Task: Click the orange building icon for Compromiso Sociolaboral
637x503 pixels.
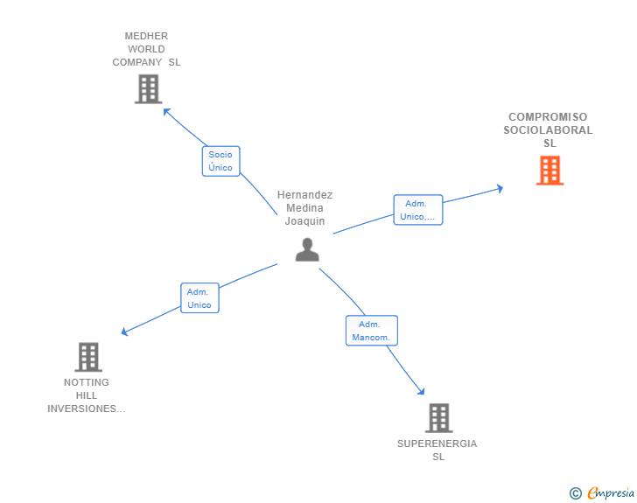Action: [x=549, y=171]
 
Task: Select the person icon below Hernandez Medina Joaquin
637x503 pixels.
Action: [x=307, y=250]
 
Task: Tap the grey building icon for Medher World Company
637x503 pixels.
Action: [x=149, y=88]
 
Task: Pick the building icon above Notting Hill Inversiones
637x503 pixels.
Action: [x=88, y=357]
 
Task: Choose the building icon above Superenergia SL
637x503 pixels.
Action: [x=438, y=418]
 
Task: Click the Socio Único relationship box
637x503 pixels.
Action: [x=220, y=161]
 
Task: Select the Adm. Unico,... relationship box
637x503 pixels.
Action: [x=417, y=210]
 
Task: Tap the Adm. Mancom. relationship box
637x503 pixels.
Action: [x=371, y=331]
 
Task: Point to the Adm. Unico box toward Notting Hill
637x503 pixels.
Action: [x=199, y=298]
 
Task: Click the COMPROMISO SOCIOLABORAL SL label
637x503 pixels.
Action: [x=548, y=130]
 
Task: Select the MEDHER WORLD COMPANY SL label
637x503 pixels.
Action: [x=146, y=49]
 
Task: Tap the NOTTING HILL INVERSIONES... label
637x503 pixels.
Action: [x=87, y=395]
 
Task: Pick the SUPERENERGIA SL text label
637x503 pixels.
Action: [x=437, y=450]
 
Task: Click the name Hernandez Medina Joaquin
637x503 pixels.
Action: [x=304, y=208]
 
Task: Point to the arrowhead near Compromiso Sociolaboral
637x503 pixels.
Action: [x=500, y=188]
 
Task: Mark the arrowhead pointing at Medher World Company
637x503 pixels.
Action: [x=166, y=111]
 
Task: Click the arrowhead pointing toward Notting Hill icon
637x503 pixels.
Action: [x=125, y=332]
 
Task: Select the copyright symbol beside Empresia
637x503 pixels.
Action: [x=575, y=493]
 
